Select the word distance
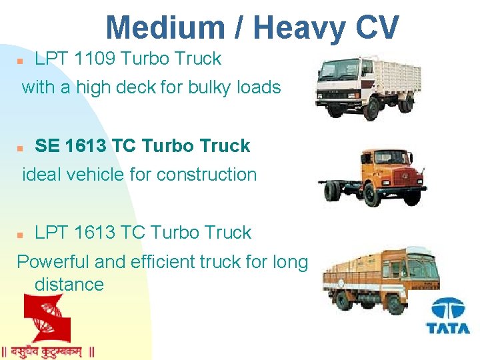pos(69,285)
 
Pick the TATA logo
pos(448,317)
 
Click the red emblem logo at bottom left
pos(46,319)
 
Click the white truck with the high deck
pos(366,89)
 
